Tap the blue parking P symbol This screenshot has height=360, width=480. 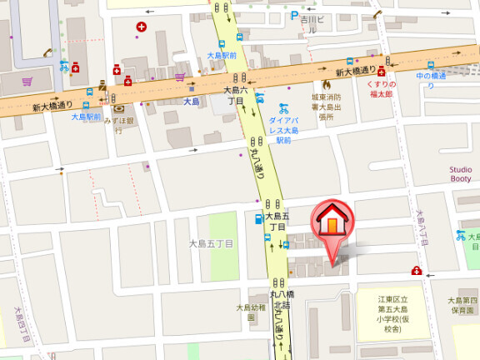click(294, 16)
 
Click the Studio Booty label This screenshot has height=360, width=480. click(461, 173)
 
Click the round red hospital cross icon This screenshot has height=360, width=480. click(141, 27)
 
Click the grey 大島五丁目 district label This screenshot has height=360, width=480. click(211, 243)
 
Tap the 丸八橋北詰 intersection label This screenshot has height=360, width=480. click(282, 299)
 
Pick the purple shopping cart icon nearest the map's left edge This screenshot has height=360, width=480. click(27, 82)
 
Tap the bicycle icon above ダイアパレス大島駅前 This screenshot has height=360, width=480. click(283, 107)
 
